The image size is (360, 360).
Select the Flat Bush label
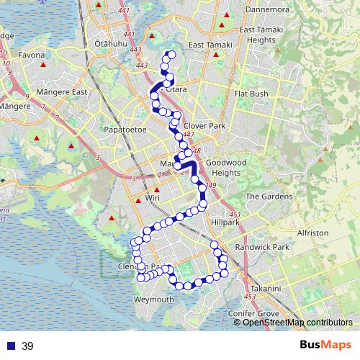tap(251, 94)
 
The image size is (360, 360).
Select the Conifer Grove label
tap(253, 314)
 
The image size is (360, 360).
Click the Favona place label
tap(32, 55)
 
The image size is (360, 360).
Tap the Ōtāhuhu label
tap(110, 44)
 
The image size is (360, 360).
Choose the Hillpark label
tap(225, 222)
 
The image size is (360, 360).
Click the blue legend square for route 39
tap(11, 346)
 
